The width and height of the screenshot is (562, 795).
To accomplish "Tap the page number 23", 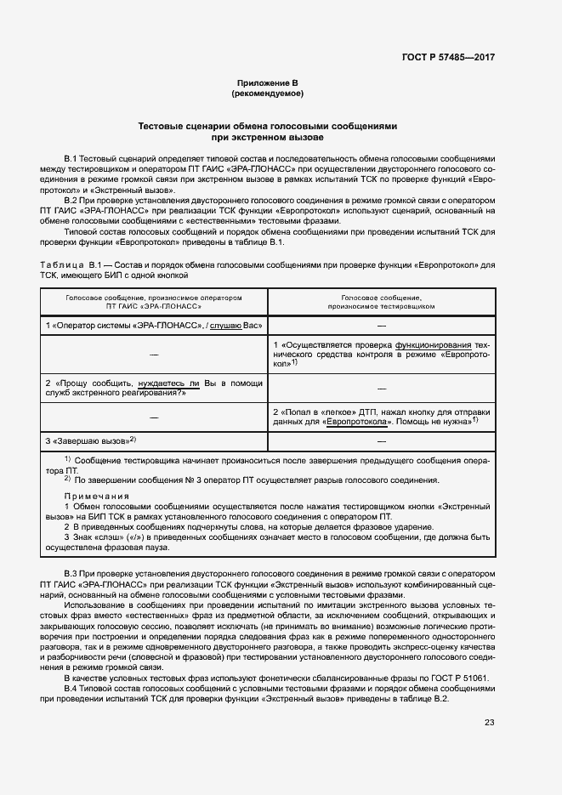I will (489, 723).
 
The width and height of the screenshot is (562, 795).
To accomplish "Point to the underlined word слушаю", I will (227, 326).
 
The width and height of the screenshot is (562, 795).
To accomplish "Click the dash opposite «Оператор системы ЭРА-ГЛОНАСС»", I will (381, 326).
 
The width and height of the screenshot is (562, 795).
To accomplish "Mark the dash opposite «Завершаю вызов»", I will (381, 441).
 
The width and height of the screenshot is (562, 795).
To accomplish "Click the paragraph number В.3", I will (71, 578).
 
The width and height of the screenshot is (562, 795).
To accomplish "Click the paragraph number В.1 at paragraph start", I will (71, 159).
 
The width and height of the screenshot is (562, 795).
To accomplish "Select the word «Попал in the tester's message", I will (298, 412).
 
